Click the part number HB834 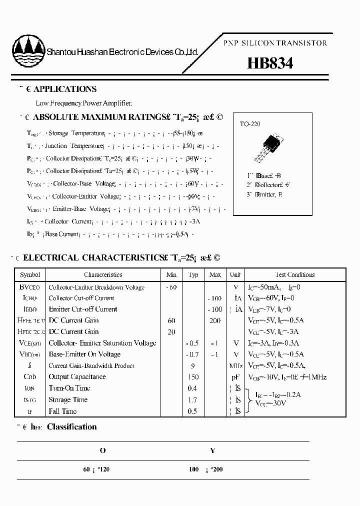[x=270, y=63]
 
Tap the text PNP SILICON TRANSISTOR [x=275, y=43]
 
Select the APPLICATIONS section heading [x=64, y=89]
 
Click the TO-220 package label [x=249, y=124]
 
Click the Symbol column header [x=29, y=274]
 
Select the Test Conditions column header [x=295, y=274]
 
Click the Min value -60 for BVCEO [x=171, y=287]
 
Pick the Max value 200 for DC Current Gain [x=215, y=320]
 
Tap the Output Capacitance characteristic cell [x=77, y=377]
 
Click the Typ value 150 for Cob [x=193, y=377]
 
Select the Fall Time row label [x=62, y=411]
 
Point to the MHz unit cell [x=235, y=365]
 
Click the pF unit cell [x=235, y=377]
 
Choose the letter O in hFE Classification [x=102, y=450]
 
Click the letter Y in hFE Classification [x=212, y=450]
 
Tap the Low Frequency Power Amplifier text [x=84, y=103]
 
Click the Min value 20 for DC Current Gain [x=171, y=332]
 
